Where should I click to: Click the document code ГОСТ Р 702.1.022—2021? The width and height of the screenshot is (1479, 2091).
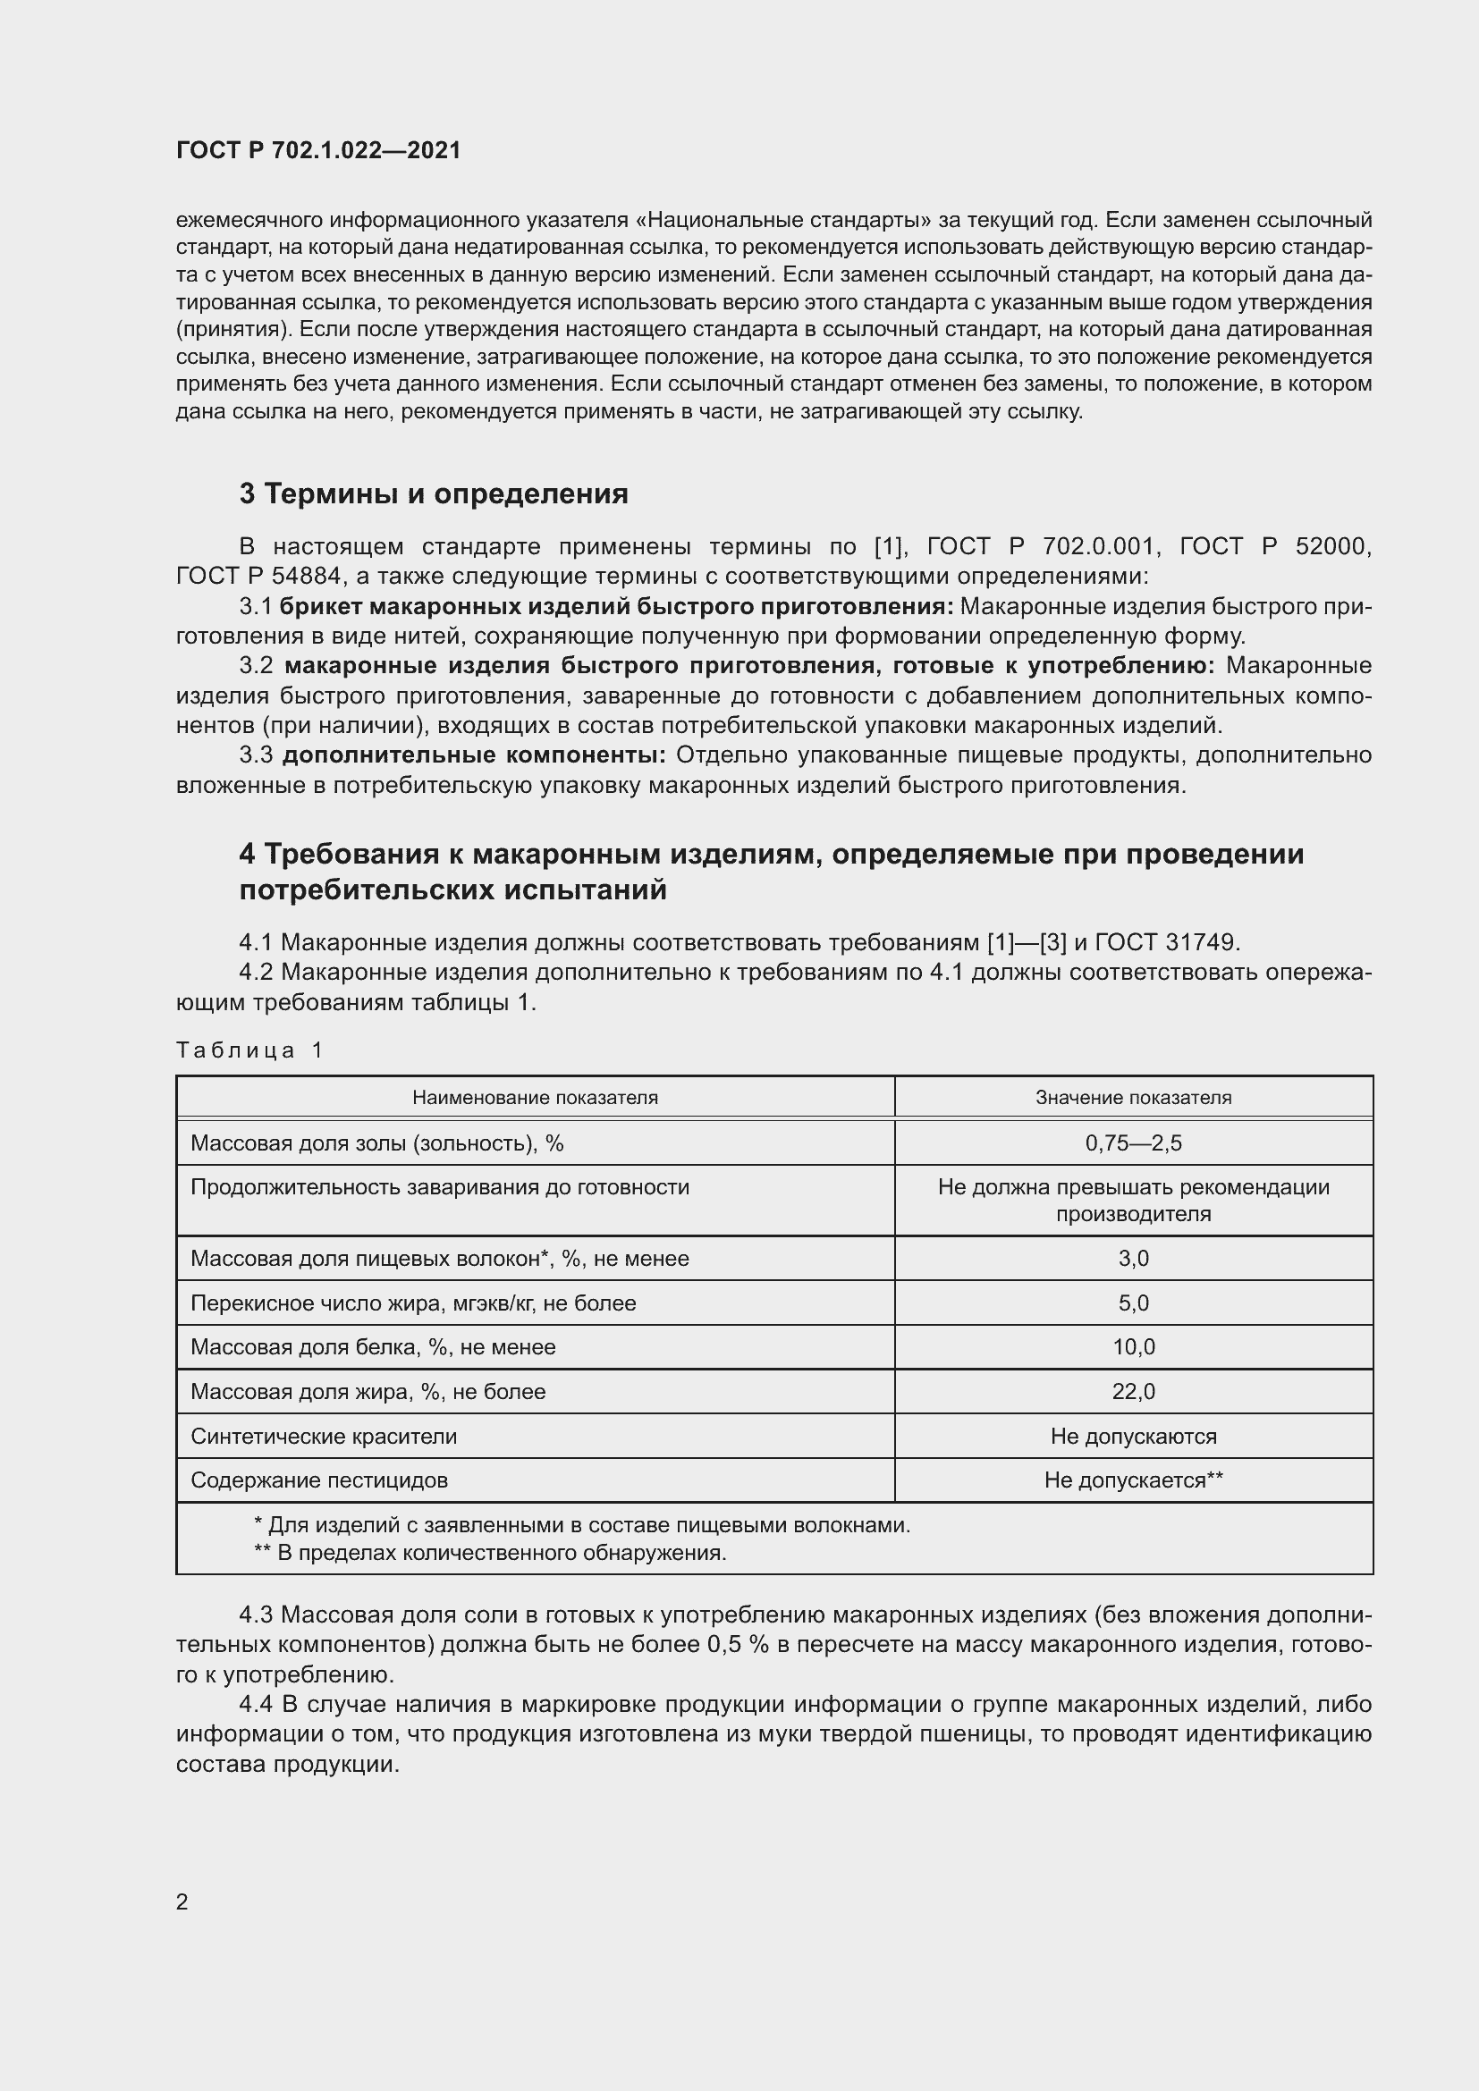pos(318,150)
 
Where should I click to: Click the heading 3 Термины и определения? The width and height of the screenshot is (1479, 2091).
pos(434,493)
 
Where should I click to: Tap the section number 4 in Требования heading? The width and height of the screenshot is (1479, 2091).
pos(247,854)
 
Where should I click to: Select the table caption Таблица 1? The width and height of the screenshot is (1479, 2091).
pos(249,1050)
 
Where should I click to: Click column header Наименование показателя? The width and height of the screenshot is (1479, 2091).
pos(535,1098)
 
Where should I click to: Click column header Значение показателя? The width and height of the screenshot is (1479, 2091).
pos(1133,1098)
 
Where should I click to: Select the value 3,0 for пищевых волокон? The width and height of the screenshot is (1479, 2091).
pos(1133,1258)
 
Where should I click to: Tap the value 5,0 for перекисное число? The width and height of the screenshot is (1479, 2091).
pos(1133,1303)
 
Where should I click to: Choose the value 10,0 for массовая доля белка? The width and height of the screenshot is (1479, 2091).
pos(1133,1346)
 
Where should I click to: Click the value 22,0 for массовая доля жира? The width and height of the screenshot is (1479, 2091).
pos(1133,1391)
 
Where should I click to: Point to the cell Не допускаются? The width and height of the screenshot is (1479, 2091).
pos(1133,1436)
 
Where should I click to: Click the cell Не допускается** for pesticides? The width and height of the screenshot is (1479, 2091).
pos(1133,1480)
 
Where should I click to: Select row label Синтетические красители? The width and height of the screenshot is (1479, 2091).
pos(324,1436)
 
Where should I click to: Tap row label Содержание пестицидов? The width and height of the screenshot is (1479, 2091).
pos(318,1480)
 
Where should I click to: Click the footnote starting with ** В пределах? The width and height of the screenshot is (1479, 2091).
pos(490,1552)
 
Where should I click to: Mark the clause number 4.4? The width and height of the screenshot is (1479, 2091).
pos(258,1704)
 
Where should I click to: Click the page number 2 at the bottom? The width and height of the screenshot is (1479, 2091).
pos(182,1901)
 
